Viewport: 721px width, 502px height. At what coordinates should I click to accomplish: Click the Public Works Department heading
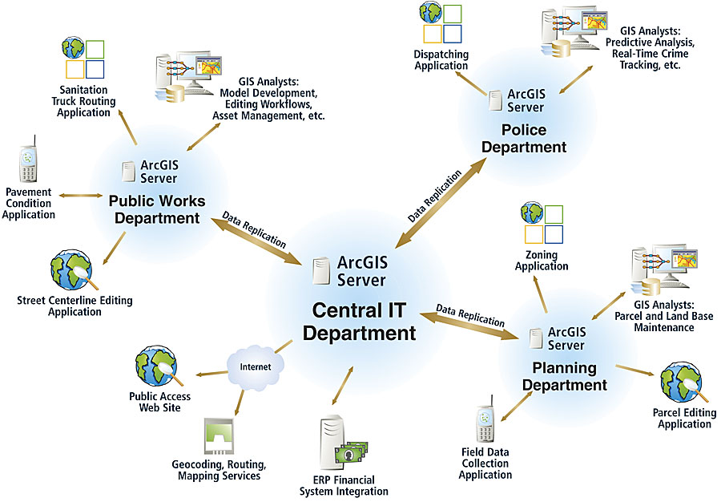(157, 209)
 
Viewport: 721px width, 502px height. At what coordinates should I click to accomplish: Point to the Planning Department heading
(565, 376)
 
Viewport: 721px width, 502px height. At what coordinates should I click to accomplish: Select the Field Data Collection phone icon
(485, 423)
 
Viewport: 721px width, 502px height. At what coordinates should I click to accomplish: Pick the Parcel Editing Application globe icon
(683, 385)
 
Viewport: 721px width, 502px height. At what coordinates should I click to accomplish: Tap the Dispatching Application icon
(440, 24)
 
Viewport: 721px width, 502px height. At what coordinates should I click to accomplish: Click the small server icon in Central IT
(323, 271)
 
